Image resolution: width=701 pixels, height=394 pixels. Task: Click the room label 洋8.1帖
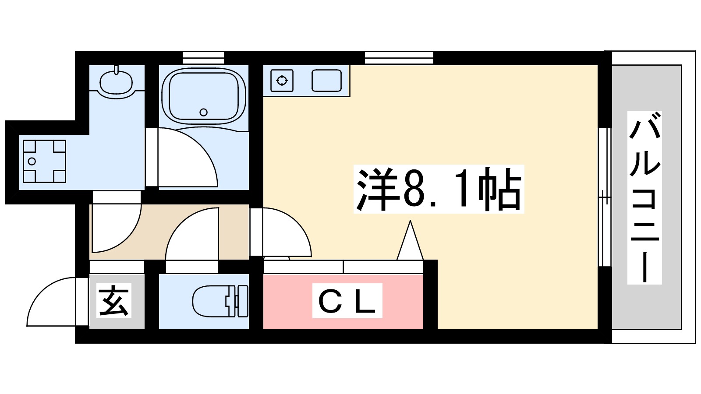tap(439, 189)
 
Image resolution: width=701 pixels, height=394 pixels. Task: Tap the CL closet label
tap(347, 301)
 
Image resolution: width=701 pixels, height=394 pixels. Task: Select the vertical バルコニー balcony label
tap(644, 197)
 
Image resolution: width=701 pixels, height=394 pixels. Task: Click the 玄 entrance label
tap(114, 301)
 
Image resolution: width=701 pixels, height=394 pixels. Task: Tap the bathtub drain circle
tap(203, 112)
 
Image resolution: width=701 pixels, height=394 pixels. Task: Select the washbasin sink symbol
tap(116, 82)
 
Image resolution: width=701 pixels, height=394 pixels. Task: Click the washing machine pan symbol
tap(44, 161)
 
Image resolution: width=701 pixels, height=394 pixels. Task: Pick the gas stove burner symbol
tap(282, 81)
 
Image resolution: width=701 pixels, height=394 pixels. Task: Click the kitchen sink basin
tap(326, 81)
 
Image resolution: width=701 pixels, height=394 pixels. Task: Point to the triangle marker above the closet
tap(410, 243)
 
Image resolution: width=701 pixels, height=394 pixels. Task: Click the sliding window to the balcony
tap(605, 197)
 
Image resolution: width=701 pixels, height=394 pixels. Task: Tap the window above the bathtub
tap(203, 58)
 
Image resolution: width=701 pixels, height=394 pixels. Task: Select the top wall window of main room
tap(399, 58)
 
